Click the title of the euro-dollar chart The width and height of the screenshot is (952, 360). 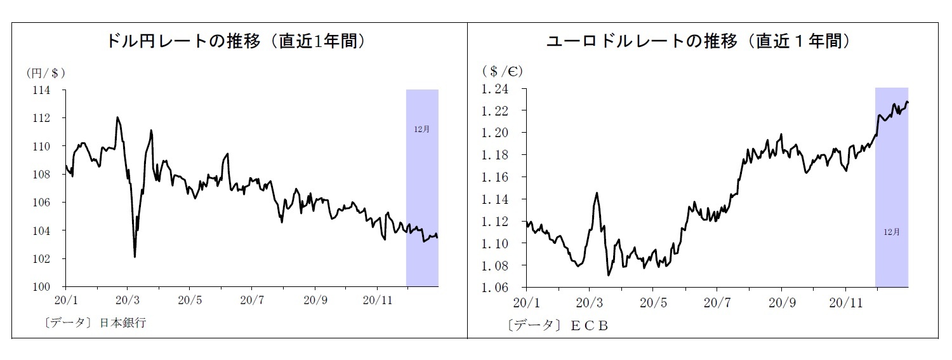(698, 42)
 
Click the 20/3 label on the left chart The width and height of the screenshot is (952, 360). (128, 299)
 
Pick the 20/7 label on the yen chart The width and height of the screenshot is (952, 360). (252, 299)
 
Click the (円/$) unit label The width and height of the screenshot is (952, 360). (46, 73)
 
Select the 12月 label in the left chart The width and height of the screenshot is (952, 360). (421, 129)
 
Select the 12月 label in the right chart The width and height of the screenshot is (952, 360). (891, 232)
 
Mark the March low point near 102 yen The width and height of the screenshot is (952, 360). (135, 257)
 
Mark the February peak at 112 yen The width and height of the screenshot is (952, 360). (117, 117)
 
